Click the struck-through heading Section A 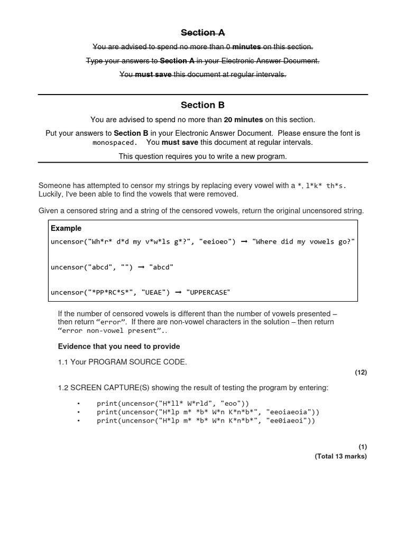[x=203, y=33]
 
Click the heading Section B [x=203, y=105]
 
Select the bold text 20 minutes [x=243, y=120]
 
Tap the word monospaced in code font [x=115, y=143]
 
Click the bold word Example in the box [x=66, y=228]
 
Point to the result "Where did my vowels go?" [x=303, y=241]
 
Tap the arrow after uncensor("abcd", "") [x=141, y=267]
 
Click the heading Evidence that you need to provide [x=119, y=347]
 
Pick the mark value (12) [x=361, y=372]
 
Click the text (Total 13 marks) [x=340, y=456]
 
